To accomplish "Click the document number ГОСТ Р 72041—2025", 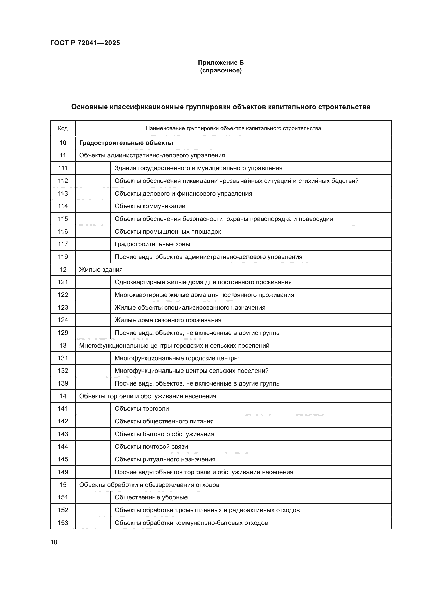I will pyautogui.click(x=85, y=43).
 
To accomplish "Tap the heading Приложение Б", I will pyautogui.click(x=221, y=63).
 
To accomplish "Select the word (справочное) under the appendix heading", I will pyautogui.click(x=221, y=70).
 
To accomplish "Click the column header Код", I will pyautogui.click(x=63, y=128).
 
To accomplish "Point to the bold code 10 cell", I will pyautogui.click(x=63, y=143).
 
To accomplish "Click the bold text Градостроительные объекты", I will pyautogui.click(x=126, y=143).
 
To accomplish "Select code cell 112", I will pyautogui.click(x=63, y=181).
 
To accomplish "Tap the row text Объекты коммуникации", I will pyautogui.click(x=150, y=206).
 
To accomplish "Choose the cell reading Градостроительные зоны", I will pyautogui.click(x=152, y=244).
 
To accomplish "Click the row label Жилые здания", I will pyautogui.click(x=101, y=269).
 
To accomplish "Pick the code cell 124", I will pyautogui.click(x=63, y=320).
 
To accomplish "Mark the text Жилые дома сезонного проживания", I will pyautogui.click(x=168, y=320).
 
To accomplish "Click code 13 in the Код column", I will pyautogui.click(x=63, y=345).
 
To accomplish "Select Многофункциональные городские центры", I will pyautogui.click(x=177, y=358).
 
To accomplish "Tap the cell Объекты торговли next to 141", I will pyautogui.click(x=142, y=409).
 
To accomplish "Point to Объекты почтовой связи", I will pyautogui.click(x=151, y=447).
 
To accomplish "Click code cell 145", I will pyautogui.click(x=63, y=459).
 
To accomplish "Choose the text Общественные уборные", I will pyautogui.click(x=151, y=497).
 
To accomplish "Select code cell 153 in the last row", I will pyautogui.click(x=63, y=523).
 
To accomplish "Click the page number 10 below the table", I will pyautogui.click(x=54, y=542).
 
